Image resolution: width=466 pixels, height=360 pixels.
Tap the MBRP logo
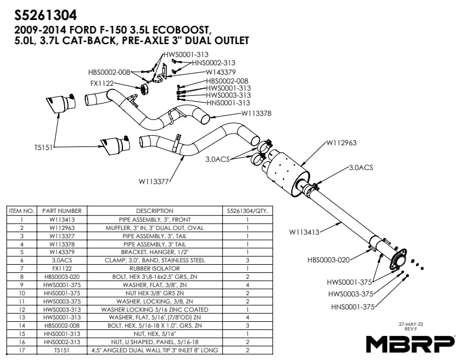[410, 342]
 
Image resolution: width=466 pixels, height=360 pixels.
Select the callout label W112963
[341, 142]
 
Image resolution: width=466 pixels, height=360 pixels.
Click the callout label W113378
[256, 114]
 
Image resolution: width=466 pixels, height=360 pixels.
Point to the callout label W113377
[154, 182]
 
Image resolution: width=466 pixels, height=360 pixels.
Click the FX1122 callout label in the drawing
[102, 84]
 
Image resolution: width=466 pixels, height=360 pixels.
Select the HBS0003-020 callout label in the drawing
[329, 259]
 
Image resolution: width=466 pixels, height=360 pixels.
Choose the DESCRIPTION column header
[154, 211]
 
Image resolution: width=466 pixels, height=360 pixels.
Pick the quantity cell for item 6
[248, 259]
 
